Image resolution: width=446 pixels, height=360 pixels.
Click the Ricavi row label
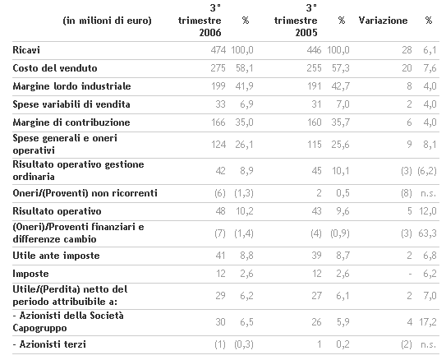tap(26, 50)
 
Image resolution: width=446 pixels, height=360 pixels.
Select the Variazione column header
tap(383, 21)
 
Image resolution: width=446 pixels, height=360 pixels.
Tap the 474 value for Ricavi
tap(218, 50)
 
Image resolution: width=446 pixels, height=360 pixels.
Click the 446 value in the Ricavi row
tap(314, 50)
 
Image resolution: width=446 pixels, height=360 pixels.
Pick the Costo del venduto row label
tap(55, 68)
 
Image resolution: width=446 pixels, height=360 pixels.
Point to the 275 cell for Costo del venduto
tap(218, 68)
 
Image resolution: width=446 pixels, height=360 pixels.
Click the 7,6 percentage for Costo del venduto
tap(430, 68)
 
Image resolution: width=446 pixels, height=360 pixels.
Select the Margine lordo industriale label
tap(71, 86)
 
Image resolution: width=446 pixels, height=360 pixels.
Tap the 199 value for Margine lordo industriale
tap(218, 86)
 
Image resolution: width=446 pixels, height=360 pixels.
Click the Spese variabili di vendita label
tap(71, 104)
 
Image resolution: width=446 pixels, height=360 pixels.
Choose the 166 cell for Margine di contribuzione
tap(218, 122)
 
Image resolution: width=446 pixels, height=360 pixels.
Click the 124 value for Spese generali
tap(218, 145)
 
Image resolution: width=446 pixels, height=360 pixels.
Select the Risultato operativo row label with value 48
tap(57, 211)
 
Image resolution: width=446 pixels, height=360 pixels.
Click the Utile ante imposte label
tap(56, 256)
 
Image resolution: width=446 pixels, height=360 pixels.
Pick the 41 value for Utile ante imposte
tap(220, 256)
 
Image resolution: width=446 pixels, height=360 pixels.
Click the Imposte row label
tap(30, 274)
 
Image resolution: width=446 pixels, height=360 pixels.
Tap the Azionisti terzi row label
tap(49, 344)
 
